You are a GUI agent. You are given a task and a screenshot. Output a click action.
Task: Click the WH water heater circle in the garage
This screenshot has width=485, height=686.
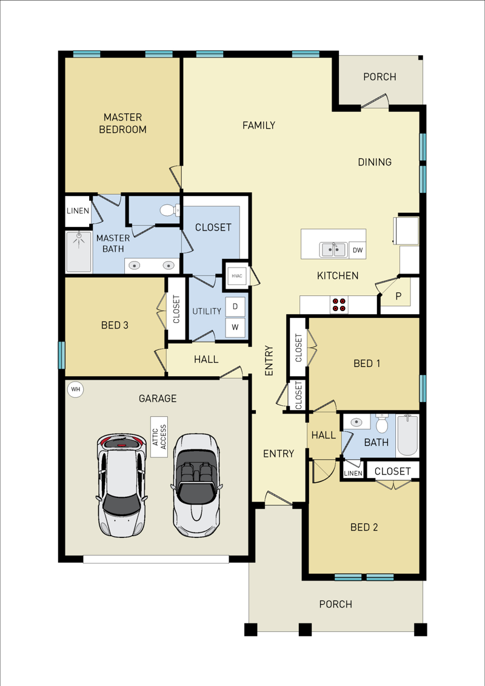pos(76,389)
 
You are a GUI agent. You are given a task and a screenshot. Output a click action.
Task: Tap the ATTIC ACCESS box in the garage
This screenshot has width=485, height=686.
pos(159,436)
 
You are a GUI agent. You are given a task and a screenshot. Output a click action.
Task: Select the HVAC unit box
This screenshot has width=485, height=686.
pos(236,276)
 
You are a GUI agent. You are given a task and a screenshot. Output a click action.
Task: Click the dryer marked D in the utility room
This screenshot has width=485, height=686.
pos(235,307)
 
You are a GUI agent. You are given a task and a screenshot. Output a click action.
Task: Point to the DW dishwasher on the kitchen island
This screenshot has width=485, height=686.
pos(357,251)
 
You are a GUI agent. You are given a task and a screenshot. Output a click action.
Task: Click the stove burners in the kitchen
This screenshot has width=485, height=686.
pos(339,304)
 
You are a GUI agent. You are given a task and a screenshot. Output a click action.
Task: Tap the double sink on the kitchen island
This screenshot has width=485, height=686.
pos(333,250)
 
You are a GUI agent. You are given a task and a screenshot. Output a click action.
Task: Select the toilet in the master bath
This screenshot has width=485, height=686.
pos(170,211)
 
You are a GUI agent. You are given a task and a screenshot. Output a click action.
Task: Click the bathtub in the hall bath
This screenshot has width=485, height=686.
pos(407,435)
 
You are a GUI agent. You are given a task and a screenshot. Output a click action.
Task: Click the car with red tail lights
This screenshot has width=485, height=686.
pos(121,485)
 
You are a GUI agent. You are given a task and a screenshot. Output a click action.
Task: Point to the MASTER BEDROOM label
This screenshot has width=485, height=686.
pos(123,123)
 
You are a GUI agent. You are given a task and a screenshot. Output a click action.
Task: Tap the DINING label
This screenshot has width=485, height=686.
pos(375,163)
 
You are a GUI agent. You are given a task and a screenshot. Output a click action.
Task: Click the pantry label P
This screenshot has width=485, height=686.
pos(398,296)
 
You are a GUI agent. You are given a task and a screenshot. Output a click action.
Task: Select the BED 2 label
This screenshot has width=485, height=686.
pos(364,528)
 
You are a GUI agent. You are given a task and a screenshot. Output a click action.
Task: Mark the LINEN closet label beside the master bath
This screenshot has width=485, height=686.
pos(78,211)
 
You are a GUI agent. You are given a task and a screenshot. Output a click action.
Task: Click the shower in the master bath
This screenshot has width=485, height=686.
pos(79,252)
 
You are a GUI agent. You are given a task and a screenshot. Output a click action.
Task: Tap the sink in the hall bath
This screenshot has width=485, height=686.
pos(357,422)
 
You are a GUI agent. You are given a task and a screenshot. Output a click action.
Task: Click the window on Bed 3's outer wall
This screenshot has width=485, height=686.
pos(62,355)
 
